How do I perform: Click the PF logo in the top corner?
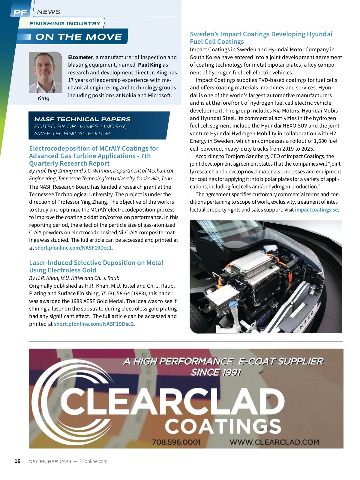[20, 12]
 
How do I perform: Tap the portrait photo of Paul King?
[45, 72]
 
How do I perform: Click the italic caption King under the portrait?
[43, 98]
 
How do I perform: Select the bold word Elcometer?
[80, 57]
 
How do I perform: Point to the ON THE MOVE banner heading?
[79, 37]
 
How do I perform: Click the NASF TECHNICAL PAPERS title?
[82, 119]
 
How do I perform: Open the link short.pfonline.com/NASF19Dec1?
[74, 248]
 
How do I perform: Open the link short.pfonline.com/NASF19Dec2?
[94, 324]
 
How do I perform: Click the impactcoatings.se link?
[316, 210]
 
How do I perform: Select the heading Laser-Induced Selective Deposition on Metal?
[96, 263]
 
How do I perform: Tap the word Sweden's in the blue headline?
[204, 34]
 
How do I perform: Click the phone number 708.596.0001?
[176, 442]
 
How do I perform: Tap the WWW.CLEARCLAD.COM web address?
[274, 442]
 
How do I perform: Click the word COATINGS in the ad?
[223, 426]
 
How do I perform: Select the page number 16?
[17, 461]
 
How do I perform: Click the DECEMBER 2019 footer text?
[50, 461]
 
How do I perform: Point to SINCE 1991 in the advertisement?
[216, 372]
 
